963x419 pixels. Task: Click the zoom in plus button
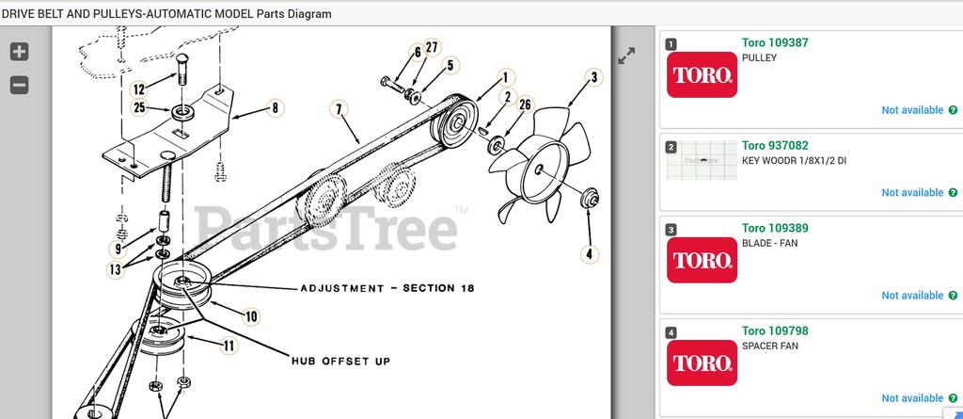(19, 52)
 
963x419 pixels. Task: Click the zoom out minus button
(19, 85)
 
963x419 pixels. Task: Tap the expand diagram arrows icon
(626, 56)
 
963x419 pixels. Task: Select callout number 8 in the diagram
(275, 108)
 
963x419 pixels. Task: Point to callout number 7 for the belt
(339, 109)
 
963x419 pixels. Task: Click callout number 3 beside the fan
(594, 77)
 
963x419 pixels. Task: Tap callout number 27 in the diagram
(433, 47)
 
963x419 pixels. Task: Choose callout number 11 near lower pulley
(228, 346)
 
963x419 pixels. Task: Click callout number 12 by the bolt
(139, 89)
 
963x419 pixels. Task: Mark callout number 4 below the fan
(590, 253)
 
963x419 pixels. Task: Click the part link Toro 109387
(775, 42)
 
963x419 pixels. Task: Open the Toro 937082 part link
(775, 145)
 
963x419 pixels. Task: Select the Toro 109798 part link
(775, 330)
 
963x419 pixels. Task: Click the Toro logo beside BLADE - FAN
(702, 260)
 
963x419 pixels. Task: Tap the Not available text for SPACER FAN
(912, 398)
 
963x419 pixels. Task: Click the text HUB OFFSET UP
(340, 362)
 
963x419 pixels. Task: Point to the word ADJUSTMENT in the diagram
(342, 288)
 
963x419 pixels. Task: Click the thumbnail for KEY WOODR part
(702, 160)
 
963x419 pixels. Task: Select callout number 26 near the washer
(525, 105)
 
